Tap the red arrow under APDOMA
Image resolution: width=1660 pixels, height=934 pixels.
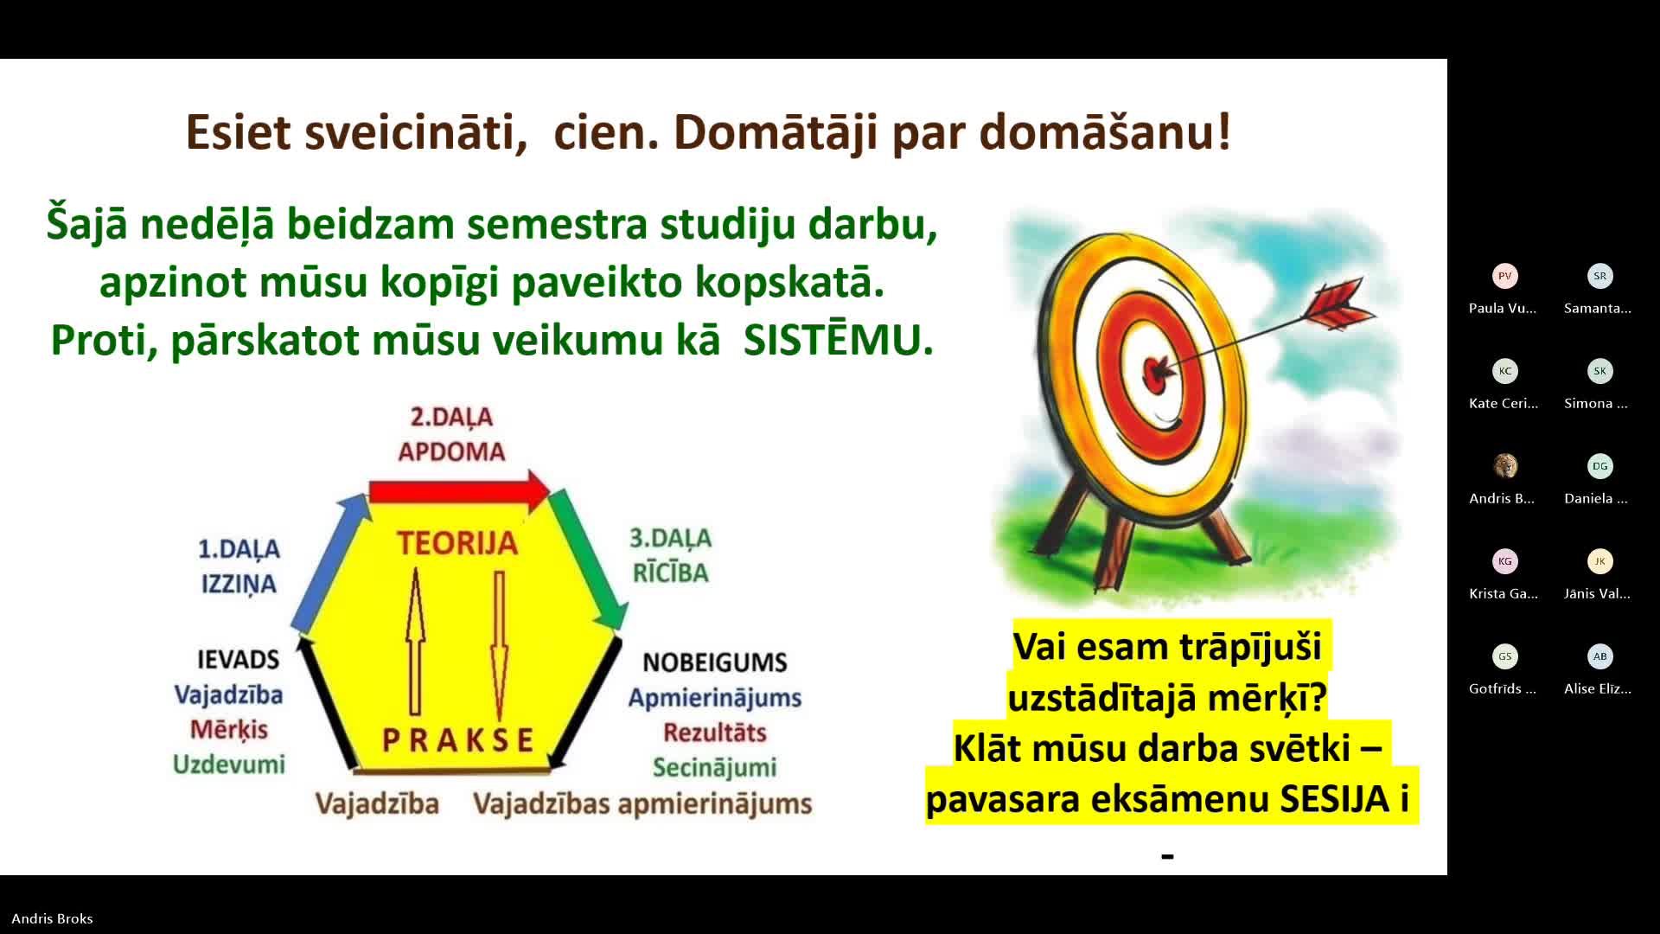(x=459, y=491)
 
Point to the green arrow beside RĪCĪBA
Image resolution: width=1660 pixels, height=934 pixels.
(x=587, y=559)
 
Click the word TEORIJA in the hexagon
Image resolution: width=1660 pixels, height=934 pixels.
(x=457, y=543)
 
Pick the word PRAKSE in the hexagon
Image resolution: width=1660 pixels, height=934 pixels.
(x=458, y=740)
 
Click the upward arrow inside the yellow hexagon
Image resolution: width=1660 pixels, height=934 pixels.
(x=416, y=641)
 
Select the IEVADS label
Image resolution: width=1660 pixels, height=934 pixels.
(x=239, y=660)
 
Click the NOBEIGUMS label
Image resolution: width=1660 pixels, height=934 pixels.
(x=715, y=662)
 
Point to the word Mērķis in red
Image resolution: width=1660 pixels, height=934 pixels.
(x=229, y=730)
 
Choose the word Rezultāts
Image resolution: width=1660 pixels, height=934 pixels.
(x=715, y=732)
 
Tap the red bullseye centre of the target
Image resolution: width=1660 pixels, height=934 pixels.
(x=1157, y=373)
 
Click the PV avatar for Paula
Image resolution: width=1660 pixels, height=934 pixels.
(x=1505, y=276)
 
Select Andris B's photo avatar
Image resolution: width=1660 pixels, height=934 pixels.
(x=1505, y=466)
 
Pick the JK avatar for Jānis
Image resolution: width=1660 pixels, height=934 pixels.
(x=1600, y=561)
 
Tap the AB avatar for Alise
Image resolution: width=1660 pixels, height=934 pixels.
(x=1600, y=656)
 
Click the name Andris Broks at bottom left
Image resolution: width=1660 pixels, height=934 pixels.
(x=52, y=918)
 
